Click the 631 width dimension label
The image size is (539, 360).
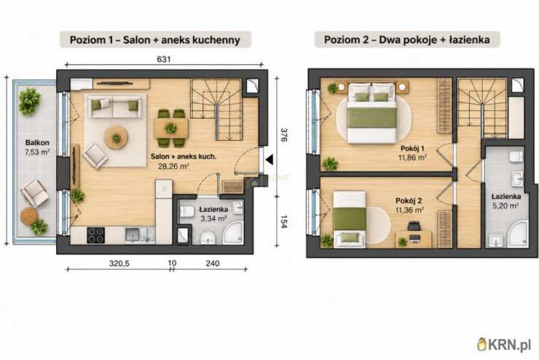[x=164, y=59]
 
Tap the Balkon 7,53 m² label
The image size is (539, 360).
[x=37, y=147]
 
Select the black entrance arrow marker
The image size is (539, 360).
[x=269, y=160]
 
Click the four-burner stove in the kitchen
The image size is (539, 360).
[x=95, y=235]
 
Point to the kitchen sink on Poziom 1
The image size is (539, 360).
[x=133, y=235]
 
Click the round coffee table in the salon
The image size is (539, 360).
[x=117, y=138]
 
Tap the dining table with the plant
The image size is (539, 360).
[x=171, y=128]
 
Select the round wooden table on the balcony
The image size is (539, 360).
[x=29, y=216]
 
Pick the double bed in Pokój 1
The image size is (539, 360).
[x=371, y=113]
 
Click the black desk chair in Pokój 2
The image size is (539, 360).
[x=414, y=226]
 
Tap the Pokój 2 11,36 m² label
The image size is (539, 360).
[x=409, y=206]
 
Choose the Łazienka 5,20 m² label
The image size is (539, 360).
[x=505, y=201]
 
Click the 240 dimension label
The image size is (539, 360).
[x=213, y=263]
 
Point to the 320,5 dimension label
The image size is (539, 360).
[x=119, y=263]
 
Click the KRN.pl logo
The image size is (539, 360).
[x=505, y=345]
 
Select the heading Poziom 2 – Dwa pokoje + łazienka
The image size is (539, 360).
[x=407, y=39]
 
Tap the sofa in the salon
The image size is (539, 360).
[x=115, y=106]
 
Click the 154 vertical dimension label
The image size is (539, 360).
[x=284, y=222]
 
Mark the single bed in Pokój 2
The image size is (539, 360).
[x=350, y=219]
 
